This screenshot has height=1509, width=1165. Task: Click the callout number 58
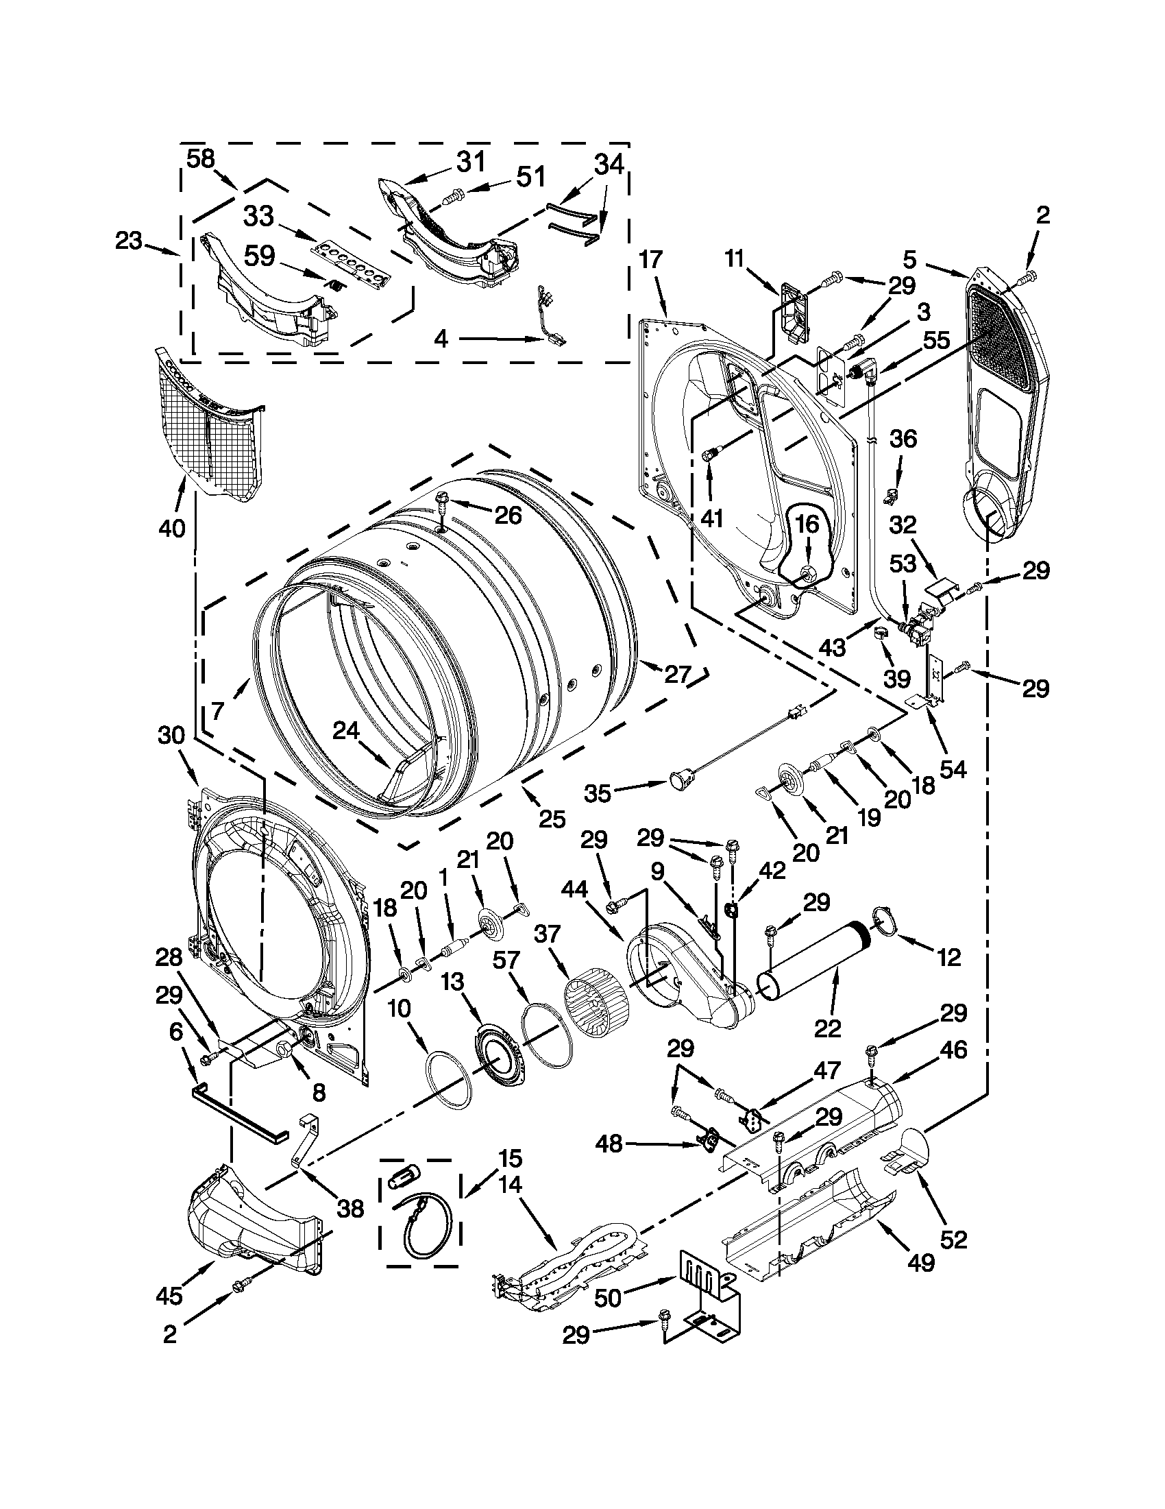coord(201,160)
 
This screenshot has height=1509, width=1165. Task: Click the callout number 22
coord(828,1029)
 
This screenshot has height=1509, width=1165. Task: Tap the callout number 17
coord(650,260)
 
